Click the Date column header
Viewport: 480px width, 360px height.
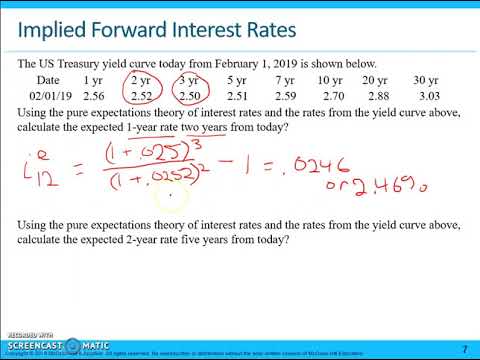pyautogui.click(x=48, y=79)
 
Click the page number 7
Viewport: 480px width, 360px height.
pyautogui.click(x=464, y=348)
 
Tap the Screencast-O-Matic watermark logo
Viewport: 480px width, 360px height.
pyautogui.click(x=41, y=343)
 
